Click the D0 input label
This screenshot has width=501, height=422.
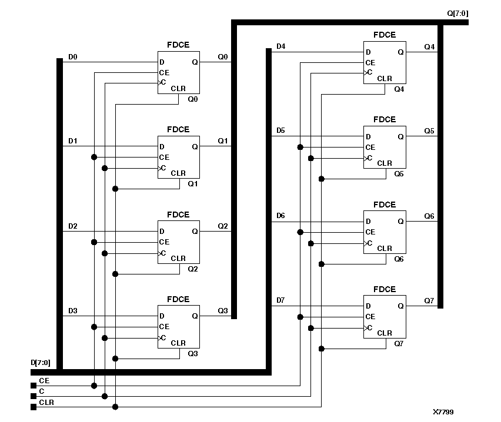pos(73,57)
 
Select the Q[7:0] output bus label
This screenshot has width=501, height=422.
pos(458,13)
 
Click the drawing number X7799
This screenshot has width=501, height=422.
pos(443,412)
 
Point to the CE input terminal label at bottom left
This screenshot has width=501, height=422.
pos(44,381)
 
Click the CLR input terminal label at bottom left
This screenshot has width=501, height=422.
pos(46,403)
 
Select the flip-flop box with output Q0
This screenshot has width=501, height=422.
pos(178,72)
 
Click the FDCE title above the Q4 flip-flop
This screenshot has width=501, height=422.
pos(385,35)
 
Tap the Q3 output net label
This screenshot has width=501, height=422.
pos(223,311)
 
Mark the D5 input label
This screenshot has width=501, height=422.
pos(280,130)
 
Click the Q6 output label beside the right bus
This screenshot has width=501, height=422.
pos(429,216)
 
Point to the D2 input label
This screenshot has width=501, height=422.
pos(73,226)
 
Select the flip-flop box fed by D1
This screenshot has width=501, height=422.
pos(178,157)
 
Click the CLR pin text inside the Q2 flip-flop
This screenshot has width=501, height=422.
pos(178,259)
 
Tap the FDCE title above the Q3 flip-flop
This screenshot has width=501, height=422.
pos(178,299)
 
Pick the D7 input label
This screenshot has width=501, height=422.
pos(280,301)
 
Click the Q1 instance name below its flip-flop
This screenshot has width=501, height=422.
pos(193,184)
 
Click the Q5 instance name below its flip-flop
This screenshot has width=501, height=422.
pos(399,174)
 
